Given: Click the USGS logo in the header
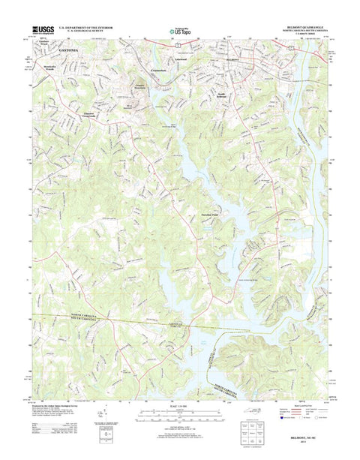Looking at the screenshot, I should tap(41, 32).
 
